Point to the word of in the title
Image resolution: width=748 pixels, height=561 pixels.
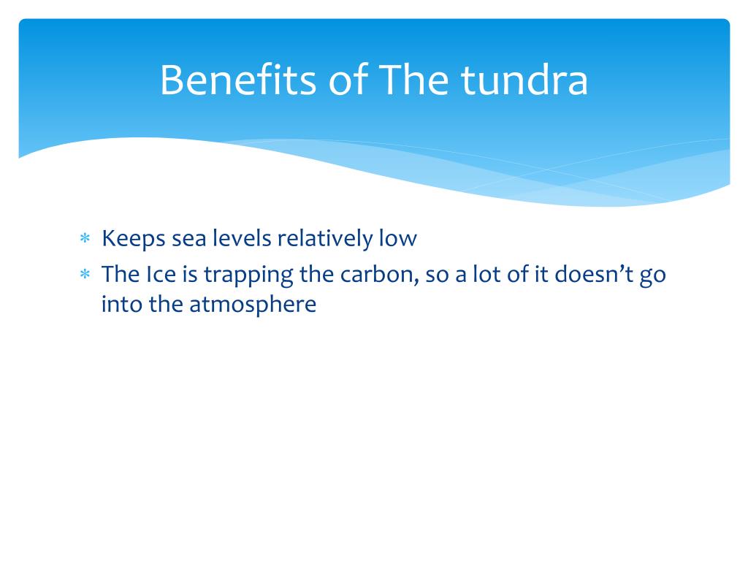tap(348, 81)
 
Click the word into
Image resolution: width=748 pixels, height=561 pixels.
tap(122, 304)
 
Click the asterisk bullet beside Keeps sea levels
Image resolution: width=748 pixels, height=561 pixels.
tap(84, 239)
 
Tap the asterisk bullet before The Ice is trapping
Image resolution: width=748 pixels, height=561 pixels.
tap(84, 275)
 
